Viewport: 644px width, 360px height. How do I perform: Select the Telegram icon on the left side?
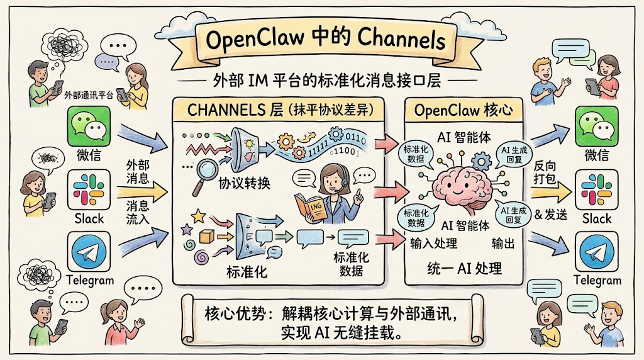(x=88, y=253)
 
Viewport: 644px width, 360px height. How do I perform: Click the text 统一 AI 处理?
(x=464, y=267)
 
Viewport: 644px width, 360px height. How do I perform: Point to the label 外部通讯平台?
(x=89, y=95)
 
